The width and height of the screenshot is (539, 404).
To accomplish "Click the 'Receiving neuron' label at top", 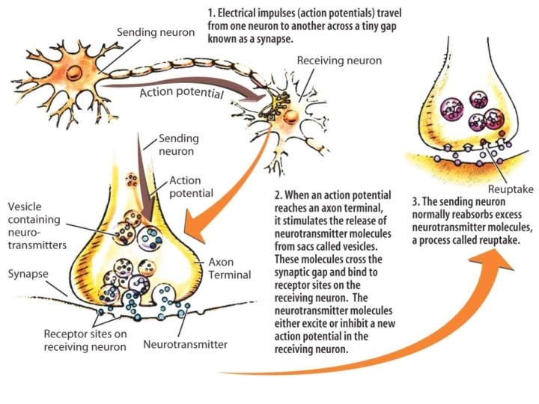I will coord(339,60).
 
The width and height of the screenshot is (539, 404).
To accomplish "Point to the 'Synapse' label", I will coord(29,275).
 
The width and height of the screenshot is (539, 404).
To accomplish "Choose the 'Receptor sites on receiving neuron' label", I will coord(84,340).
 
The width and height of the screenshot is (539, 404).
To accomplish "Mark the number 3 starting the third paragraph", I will coord(416,201).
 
